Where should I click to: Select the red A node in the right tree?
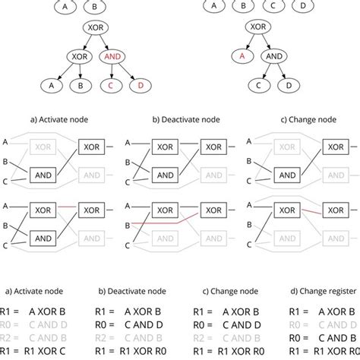point(242,56)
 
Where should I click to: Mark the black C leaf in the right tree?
point(258,85)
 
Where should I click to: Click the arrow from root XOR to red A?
point(248,43)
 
